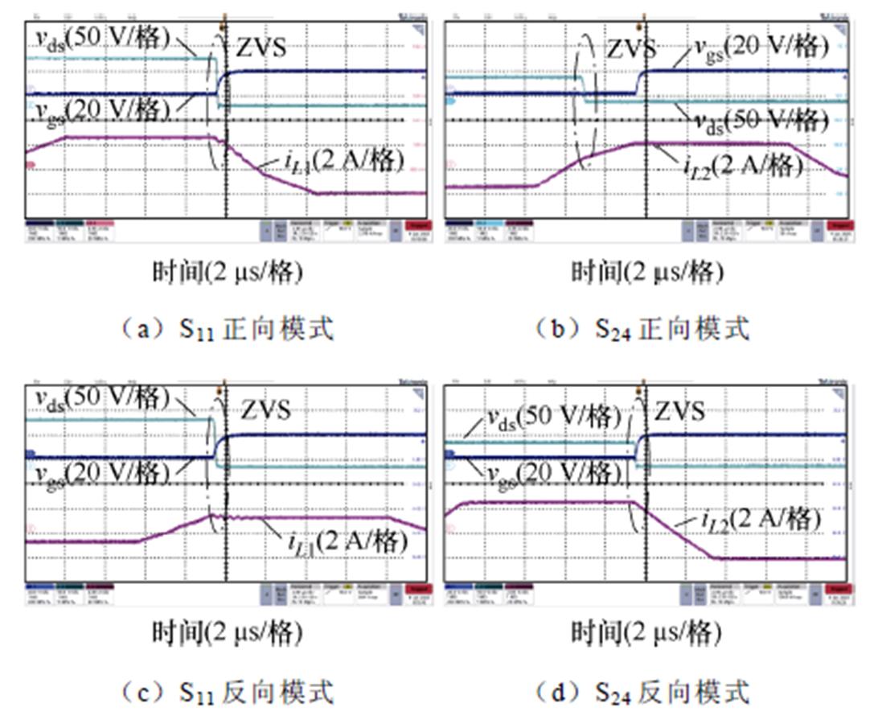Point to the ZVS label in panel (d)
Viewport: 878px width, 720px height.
click(x=680, y=410)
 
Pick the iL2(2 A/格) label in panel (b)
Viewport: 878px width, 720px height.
click(x=745, y=167)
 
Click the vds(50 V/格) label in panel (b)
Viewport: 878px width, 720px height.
click(x=761, y=120)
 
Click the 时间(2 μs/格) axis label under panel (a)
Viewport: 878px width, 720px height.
click(x=228, y=273)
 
